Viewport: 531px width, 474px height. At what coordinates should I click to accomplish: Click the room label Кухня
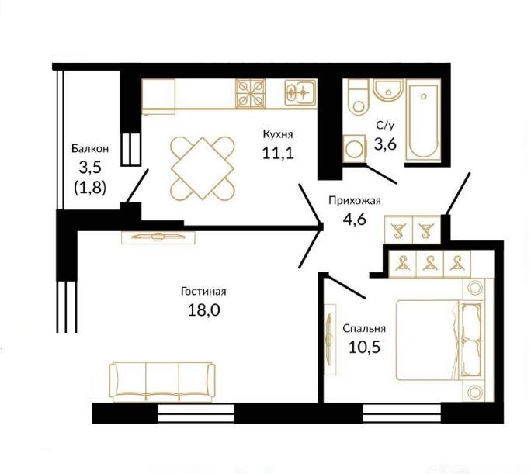pos(278,134)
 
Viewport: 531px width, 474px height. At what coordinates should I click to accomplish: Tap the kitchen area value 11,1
pos(278,154)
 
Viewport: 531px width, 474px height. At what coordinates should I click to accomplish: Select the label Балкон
pos(90,148)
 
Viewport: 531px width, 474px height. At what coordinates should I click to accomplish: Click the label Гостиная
pos(203,291)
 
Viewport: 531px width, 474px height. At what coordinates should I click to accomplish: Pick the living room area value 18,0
pos(204,310)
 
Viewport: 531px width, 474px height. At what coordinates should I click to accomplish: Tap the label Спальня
pos(364,328)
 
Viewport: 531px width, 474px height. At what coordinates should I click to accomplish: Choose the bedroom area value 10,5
pos(364,347)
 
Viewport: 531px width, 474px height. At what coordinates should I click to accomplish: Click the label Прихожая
pos(355,201)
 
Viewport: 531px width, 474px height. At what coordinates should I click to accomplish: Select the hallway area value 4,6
pos(355,220)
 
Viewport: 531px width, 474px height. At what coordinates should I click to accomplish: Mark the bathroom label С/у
pos(385,126)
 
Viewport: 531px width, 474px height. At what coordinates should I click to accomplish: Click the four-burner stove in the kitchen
pos(251,93)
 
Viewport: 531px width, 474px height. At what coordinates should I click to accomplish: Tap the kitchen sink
pos(300,92)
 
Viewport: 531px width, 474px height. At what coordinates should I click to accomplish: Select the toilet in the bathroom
pos(358,98)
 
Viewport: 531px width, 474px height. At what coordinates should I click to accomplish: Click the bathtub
pos(423,120)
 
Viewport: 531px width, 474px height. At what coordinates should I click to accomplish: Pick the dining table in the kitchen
pos(203,168)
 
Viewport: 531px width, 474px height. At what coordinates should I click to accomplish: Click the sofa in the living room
pos(162,382)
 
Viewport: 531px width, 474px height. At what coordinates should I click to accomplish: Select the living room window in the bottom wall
pos(196,413)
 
